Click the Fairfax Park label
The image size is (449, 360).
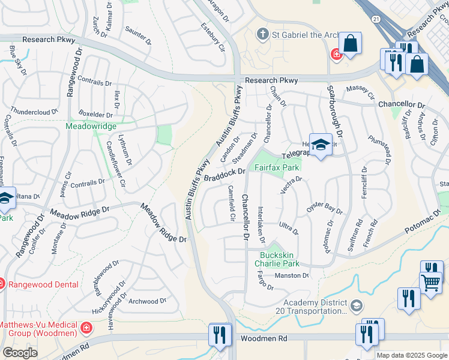tap(277, 168)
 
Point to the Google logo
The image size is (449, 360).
tap(20, 353)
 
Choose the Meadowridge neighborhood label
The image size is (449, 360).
tap(89, 127)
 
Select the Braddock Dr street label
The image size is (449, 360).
tap(225, 175)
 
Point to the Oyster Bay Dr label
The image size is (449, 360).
tap(324, 208)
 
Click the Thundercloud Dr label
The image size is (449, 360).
tap(34, 111)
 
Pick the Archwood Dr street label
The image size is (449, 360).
tap(146, 301)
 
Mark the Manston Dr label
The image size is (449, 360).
tap(291, 275)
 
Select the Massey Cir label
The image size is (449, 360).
tap(360, 92)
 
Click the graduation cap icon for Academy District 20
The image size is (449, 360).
tap(357, 307)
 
